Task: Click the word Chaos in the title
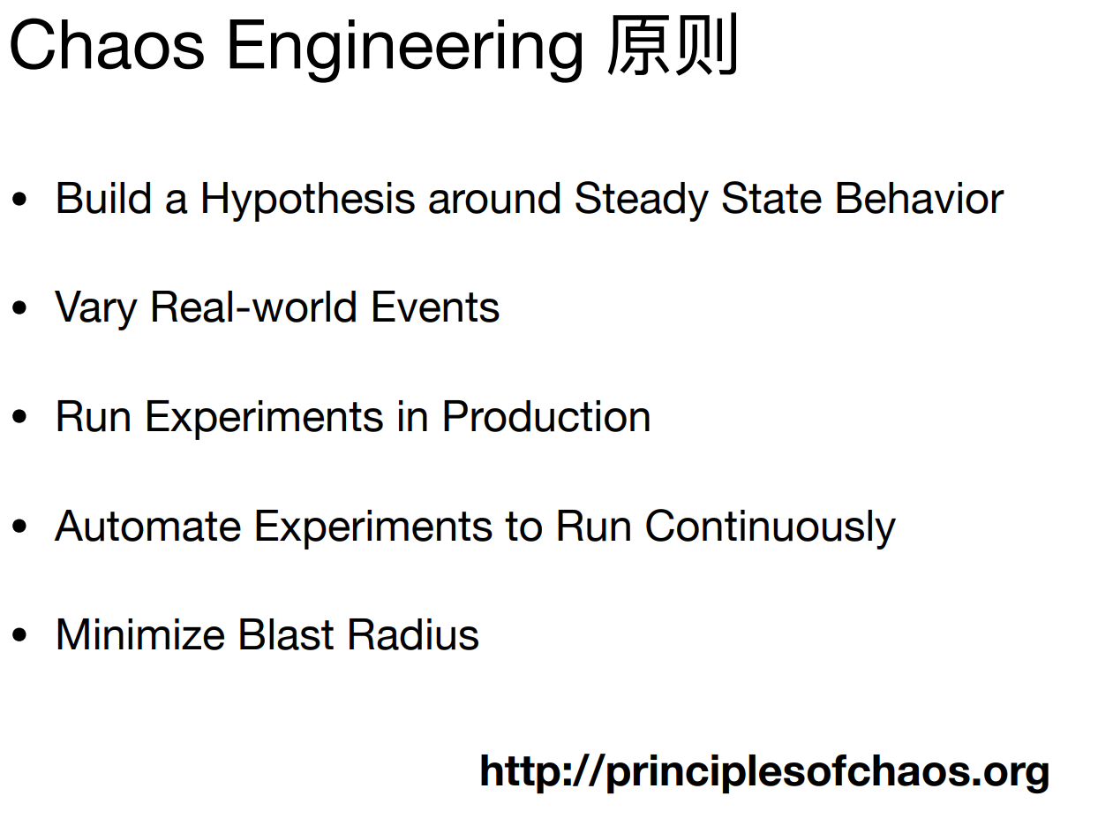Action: pyautogui.click(x=107, y=46)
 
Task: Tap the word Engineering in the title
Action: pyautogui.click(x=405, y=50)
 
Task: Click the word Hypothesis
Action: pyautogui.click(x=307, y=200)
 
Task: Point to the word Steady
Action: pyautogui.click(x=642, y=200)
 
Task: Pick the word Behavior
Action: pyautogui.click(x=919, y=199)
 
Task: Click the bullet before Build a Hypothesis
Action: pyautogui.click(x=19, y=200)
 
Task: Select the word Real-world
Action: pyautogui.click(x=253, y=307)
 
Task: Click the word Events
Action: pyautogui.click(x=435, y=307)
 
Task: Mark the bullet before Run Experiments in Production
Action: pyautogui.click(x=19, y=417)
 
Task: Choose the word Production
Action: pyautogui.click(x=546, y=417)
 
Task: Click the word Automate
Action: pyautogui.click(x=148, y=527)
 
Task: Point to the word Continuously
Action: pyautogui.click(x=771, y=528)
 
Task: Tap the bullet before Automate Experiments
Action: pyautogui.click(x=19, y=527)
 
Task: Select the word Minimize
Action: pyautogui.click(x=140, y=635)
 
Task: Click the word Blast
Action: pyautogui.click(x=286, y=635)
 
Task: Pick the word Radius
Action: pyautogui.click(x=413, y=635)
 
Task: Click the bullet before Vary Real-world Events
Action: pyautogui.click(x=19, y=308)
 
